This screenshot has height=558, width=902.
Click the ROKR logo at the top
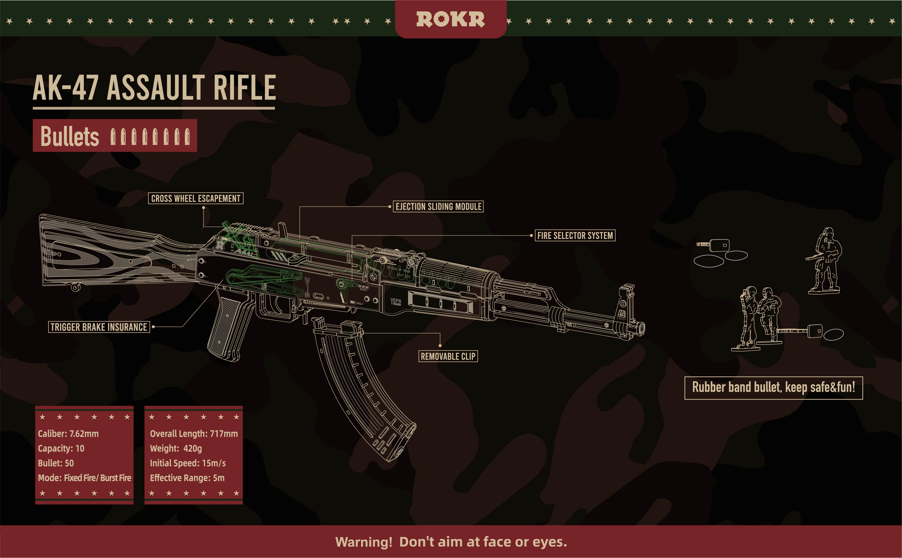(450, 19)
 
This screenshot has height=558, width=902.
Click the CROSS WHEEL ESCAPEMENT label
(195, 199)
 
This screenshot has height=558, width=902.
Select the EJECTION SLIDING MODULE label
(438, 207)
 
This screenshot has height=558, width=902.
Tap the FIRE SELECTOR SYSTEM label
(575, 235)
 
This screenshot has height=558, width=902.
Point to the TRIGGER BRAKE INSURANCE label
(99, 327)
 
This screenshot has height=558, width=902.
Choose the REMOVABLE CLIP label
(448, 357)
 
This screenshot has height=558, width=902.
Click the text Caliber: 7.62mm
(68, 434)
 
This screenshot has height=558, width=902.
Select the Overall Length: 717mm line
(194, 434)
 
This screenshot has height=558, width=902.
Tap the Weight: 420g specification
(176, 448)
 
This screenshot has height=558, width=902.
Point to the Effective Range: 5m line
(187, 478)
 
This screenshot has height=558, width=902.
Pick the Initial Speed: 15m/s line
(188, 463)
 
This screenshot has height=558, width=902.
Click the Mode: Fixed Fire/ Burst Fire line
(85, 478)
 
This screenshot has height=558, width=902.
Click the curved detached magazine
(362, 391)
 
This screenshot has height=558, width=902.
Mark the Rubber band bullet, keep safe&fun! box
(773, 388)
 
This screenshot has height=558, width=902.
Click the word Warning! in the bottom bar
(363, 542)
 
